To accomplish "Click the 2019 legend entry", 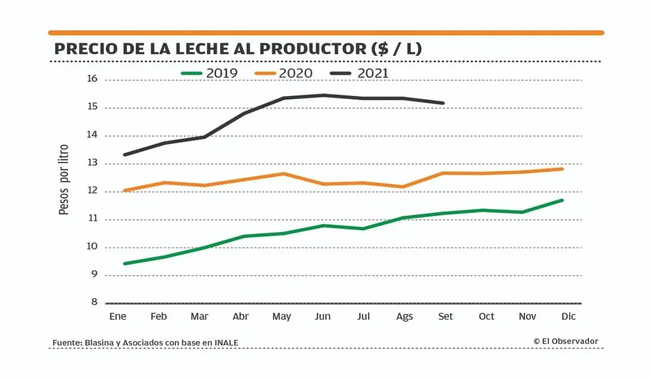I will click(209, 74).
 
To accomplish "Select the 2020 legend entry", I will click(284, 74).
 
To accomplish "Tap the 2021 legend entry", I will click(359, 74).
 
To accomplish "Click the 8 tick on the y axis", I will click(94, 303).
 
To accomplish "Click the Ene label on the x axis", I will click(118, 316).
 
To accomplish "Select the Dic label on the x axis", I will click(568, 316).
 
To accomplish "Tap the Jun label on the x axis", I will click(322, 316).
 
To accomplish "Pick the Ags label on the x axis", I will click(404, 316).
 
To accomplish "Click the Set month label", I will click(446, 316).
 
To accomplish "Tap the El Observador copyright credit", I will click(566, 342).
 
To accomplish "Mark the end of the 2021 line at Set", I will click(443, 103).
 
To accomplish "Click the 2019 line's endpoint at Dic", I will click(562, 201).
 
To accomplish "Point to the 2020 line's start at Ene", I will click(124, 190).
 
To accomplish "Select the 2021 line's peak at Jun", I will click(323, 95).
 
